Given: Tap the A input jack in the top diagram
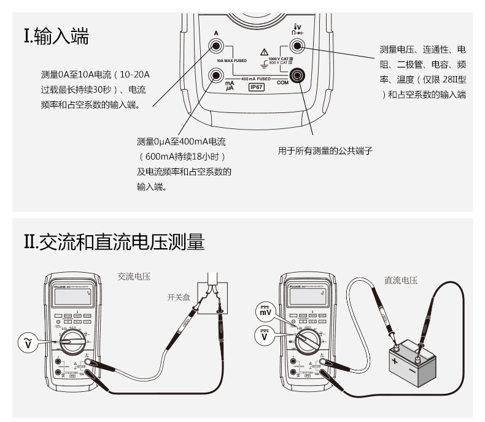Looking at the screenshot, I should [x=216, y=45].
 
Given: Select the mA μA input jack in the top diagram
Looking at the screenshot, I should [x=216, y=76].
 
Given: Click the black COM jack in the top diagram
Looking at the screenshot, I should [x=299, y=76].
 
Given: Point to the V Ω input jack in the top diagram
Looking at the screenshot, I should [x=299, y=45].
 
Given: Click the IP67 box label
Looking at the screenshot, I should [x=256, y=87].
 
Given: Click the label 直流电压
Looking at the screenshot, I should [x=401, y=280].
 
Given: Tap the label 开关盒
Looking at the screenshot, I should [x=177, y=297].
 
